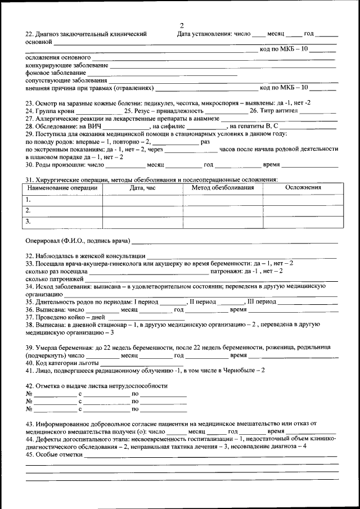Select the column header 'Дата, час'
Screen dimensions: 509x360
pos(142,187)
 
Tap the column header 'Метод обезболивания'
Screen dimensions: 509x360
pos(223,187)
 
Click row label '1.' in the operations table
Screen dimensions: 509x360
pos(28,199)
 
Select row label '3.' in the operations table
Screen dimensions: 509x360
pos(28,222)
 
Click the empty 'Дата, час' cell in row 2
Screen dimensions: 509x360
pos(142,210)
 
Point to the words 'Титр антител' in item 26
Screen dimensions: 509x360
pos(278,111)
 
